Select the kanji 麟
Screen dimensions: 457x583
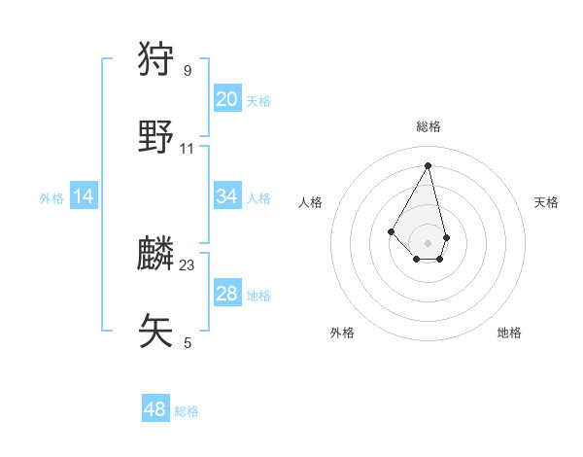[x=156, y=254]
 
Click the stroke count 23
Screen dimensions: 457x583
[x=188, y=264]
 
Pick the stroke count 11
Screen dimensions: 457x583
[x=188, y=149]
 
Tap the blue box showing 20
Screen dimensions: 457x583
[x=227, y=99]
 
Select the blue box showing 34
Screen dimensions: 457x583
[x=227, y=196]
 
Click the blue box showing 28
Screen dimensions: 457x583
[x=227, y=294]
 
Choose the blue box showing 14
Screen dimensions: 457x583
[x=84, y=196]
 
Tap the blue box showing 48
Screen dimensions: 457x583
[x=155, y=409]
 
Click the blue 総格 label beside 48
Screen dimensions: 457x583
[x=187, y=411]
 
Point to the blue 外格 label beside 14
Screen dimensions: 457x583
[x=51, y=198]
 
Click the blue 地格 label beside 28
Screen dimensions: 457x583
[x=258, y=296]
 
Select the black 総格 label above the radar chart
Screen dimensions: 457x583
[x=429, y=126]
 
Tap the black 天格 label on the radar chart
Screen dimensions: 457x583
[x=546, y=202]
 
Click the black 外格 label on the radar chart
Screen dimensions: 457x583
[x=342, y=333]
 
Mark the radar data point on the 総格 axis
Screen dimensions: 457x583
[x=429, y=164]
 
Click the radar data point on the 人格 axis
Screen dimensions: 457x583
[x=391, y=230]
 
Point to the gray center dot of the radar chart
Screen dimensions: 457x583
[x=429, y=242]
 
